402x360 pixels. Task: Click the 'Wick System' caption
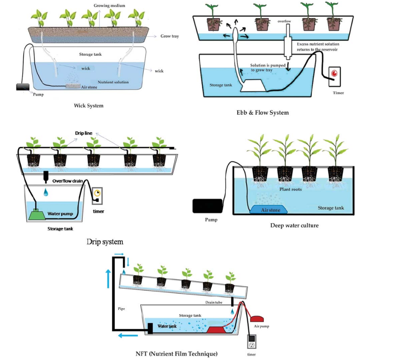[x=88, y=106]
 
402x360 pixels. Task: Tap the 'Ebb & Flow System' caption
[x=262, y=113]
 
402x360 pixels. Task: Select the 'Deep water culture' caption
[x=294, y=225]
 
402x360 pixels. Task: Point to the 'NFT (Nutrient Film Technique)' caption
[x=177, y=353]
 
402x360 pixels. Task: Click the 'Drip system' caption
[x=105, y=242]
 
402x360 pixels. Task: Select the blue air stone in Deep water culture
[x=270, y=210]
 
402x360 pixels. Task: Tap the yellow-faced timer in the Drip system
[x=97, y=194]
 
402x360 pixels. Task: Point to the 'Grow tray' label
[x=170, y=36]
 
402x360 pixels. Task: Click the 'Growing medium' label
[x=109, y=6]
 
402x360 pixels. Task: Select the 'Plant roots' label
[x=290, y=189]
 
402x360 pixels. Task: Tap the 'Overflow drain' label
[x=67, y=181]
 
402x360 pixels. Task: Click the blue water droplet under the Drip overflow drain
[x=46, y=192]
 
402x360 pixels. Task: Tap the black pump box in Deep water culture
[x=207, y=206]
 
